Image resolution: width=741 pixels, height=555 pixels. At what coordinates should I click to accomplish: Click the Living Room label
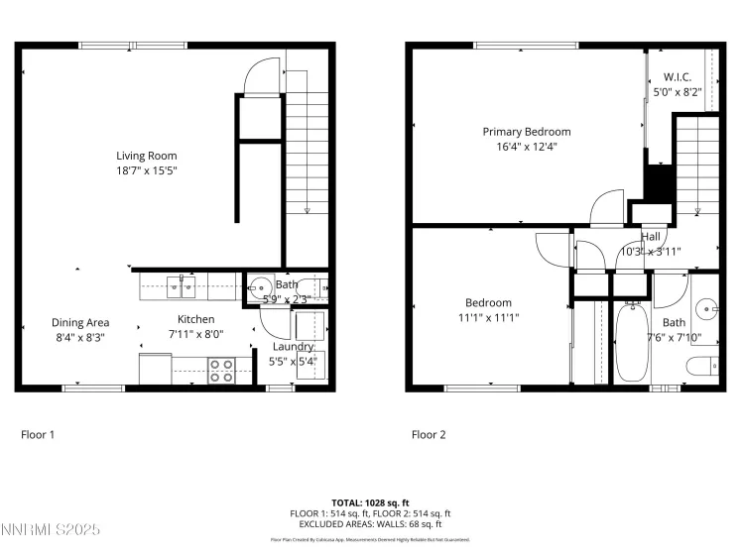click(147, 156)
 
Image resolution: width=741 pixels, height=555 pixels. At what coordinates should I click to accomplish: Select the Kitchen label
click(195, 319)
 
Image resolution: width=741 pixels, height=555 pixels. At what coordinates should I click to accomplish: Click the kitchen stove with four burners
click(220, 371)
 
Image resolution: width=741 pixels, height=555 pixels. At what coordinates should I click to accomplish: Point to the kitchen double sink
click(181, 287)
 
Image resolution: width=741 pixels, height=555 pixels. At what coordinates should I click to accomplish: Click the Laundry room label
click(294, 347)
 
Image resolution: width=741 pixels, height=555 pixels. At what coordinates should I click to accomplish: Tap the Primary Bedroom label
click(527, 132)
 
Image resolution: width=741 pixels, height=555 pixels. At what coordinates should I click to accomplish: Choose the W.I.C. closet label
click(677, 77)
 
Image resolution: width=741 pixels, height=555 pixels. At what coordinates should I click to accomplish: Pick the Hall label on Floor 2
click(651, 237)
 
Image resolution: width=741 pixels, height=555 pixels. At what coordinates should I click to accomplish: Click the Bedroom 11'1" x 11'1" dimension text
click(488, 318)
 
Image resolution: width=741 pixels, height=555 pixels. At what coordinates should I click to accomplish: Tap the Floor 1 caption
click(38, 434)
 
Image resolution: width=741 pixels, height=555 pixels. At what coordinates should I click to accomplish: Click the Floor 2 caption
click(429, 434)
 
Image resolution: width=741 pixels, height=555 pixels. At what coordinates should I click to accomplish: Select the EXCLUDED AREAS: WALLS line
click(370, 523)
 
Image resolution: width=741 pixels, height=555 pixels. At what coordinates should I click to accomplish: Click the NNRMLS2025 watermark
click(52, 531)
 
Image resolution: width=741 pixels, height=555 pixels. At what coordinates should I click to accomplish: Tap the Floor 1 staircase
click(307, 149)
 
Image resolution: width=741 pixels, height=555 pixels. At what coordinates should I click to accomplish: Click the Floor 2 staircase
click(697, 164)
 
